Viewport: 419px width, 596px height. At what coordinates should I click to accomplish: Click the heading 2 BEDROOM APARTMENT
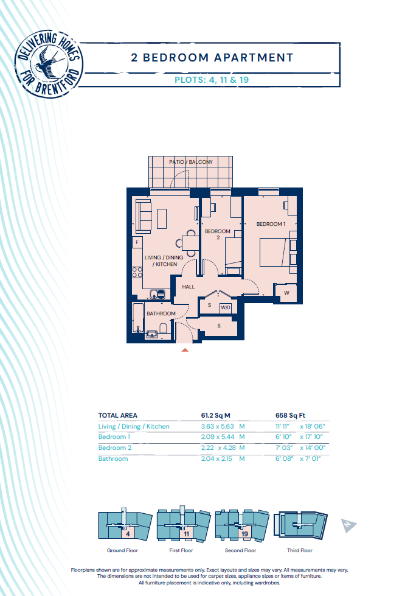tap(212, 58)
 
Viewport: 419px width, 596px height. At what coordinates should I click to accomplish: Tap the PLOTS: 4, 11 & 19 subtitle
tap(212, 80)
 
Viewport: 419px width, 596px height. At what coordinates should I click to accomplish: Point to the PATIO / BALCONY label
tap(191, 162)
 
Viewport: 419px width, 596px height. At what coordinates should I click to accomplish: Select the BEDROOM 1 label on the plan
tap(271, 224)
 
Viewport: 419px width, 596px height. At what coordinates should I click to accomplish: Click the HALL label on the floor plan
tap(189, 287)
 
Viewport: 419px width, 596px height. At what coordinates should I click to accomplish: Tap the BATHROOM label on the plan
tap(161, 314)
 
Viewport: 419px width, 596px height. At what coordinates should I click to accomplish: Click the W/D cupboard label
tap(226, 307)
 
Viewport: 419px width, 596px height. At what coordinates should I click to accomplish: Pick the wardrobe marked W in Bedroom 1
tap(286, 293)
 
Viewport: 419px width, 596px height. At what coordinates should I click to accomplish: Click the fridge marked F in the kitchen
tap(137, 242)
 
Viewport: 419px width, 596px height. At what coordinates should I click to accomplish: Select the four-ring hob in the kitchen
tap(137, 272)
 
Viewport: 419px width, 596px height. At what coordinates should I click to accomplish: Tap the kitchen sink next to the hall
tap(158, 294)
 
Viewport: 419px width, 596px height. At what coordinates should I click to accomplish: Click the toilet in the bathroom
tap(163, 328)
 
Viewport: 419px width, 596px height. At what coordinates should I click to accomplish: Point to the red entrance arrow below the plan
tap(185, 349)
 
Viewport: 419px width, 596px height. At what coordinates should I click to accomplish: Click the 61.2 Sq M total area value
tap(215, 415)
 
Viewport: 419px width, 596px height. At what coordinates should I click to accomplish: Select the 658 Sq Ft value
tap(290, 415)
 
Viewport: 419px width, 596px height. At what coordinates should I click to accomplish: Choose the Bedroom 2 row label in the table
tap(115, 447)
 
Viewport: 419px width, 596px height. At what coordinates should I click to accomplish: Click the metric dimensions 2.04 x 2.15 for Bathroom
tap(216, 459)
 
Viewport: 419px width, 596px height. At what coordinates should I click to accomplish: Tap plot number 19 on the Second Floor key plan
tap(245, 534)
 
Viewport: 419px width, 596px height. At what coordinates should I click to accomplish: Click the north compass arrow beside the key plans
tap(348, 525)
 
